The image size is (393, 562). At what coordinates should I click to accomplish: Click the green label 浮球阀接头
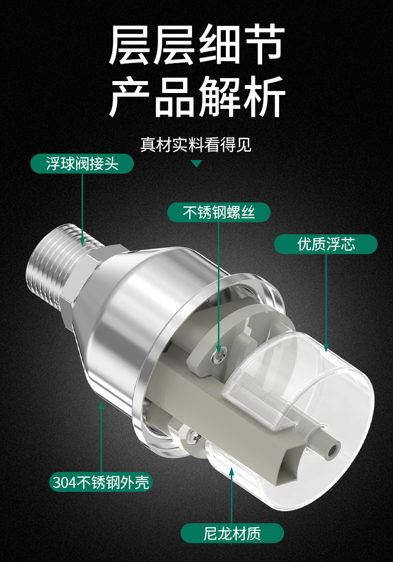[82, 164]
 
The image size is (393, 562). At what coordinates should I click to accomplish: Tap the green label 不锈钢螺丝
[219, 212]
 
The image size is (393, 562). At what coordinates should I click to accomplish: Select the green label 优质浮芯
[326, 244]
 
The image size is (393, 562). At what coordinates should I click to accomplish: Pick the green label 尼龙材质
[232, 534]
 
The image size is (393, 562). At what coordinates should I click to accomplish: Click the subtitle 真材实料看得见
[196, 145]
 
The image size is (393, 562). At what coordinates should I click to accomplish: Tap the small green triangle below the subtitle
[196, 163]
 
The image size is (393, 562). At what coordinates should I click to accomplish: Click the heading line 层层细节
[196, 47]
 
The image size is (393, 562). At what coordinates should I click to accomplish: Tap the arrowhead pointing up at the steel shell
[101, 405]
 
